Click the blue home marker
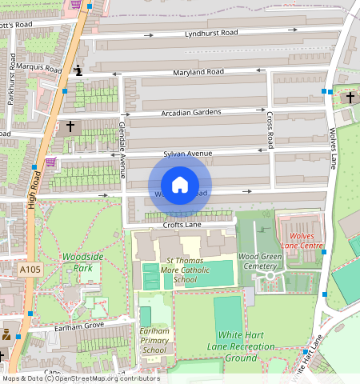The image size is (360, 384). (180, 185)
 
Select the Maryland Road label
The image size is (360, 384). (198, 73)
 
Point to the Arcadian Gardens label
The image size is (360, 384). (190, 112)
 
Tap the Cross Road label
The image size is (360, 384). (270, 130)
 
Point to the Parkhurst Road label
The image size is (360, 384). (12, 73)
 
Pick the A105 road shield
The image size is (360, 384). (30, 271)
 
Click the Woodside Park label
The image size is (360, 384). (82, 262)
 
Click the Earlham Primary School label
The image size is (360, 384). (154, 340)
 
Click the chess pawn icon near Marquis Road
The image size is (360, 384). (78, 70)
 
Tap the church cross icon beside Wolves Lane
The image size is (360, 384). (349, 97)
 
